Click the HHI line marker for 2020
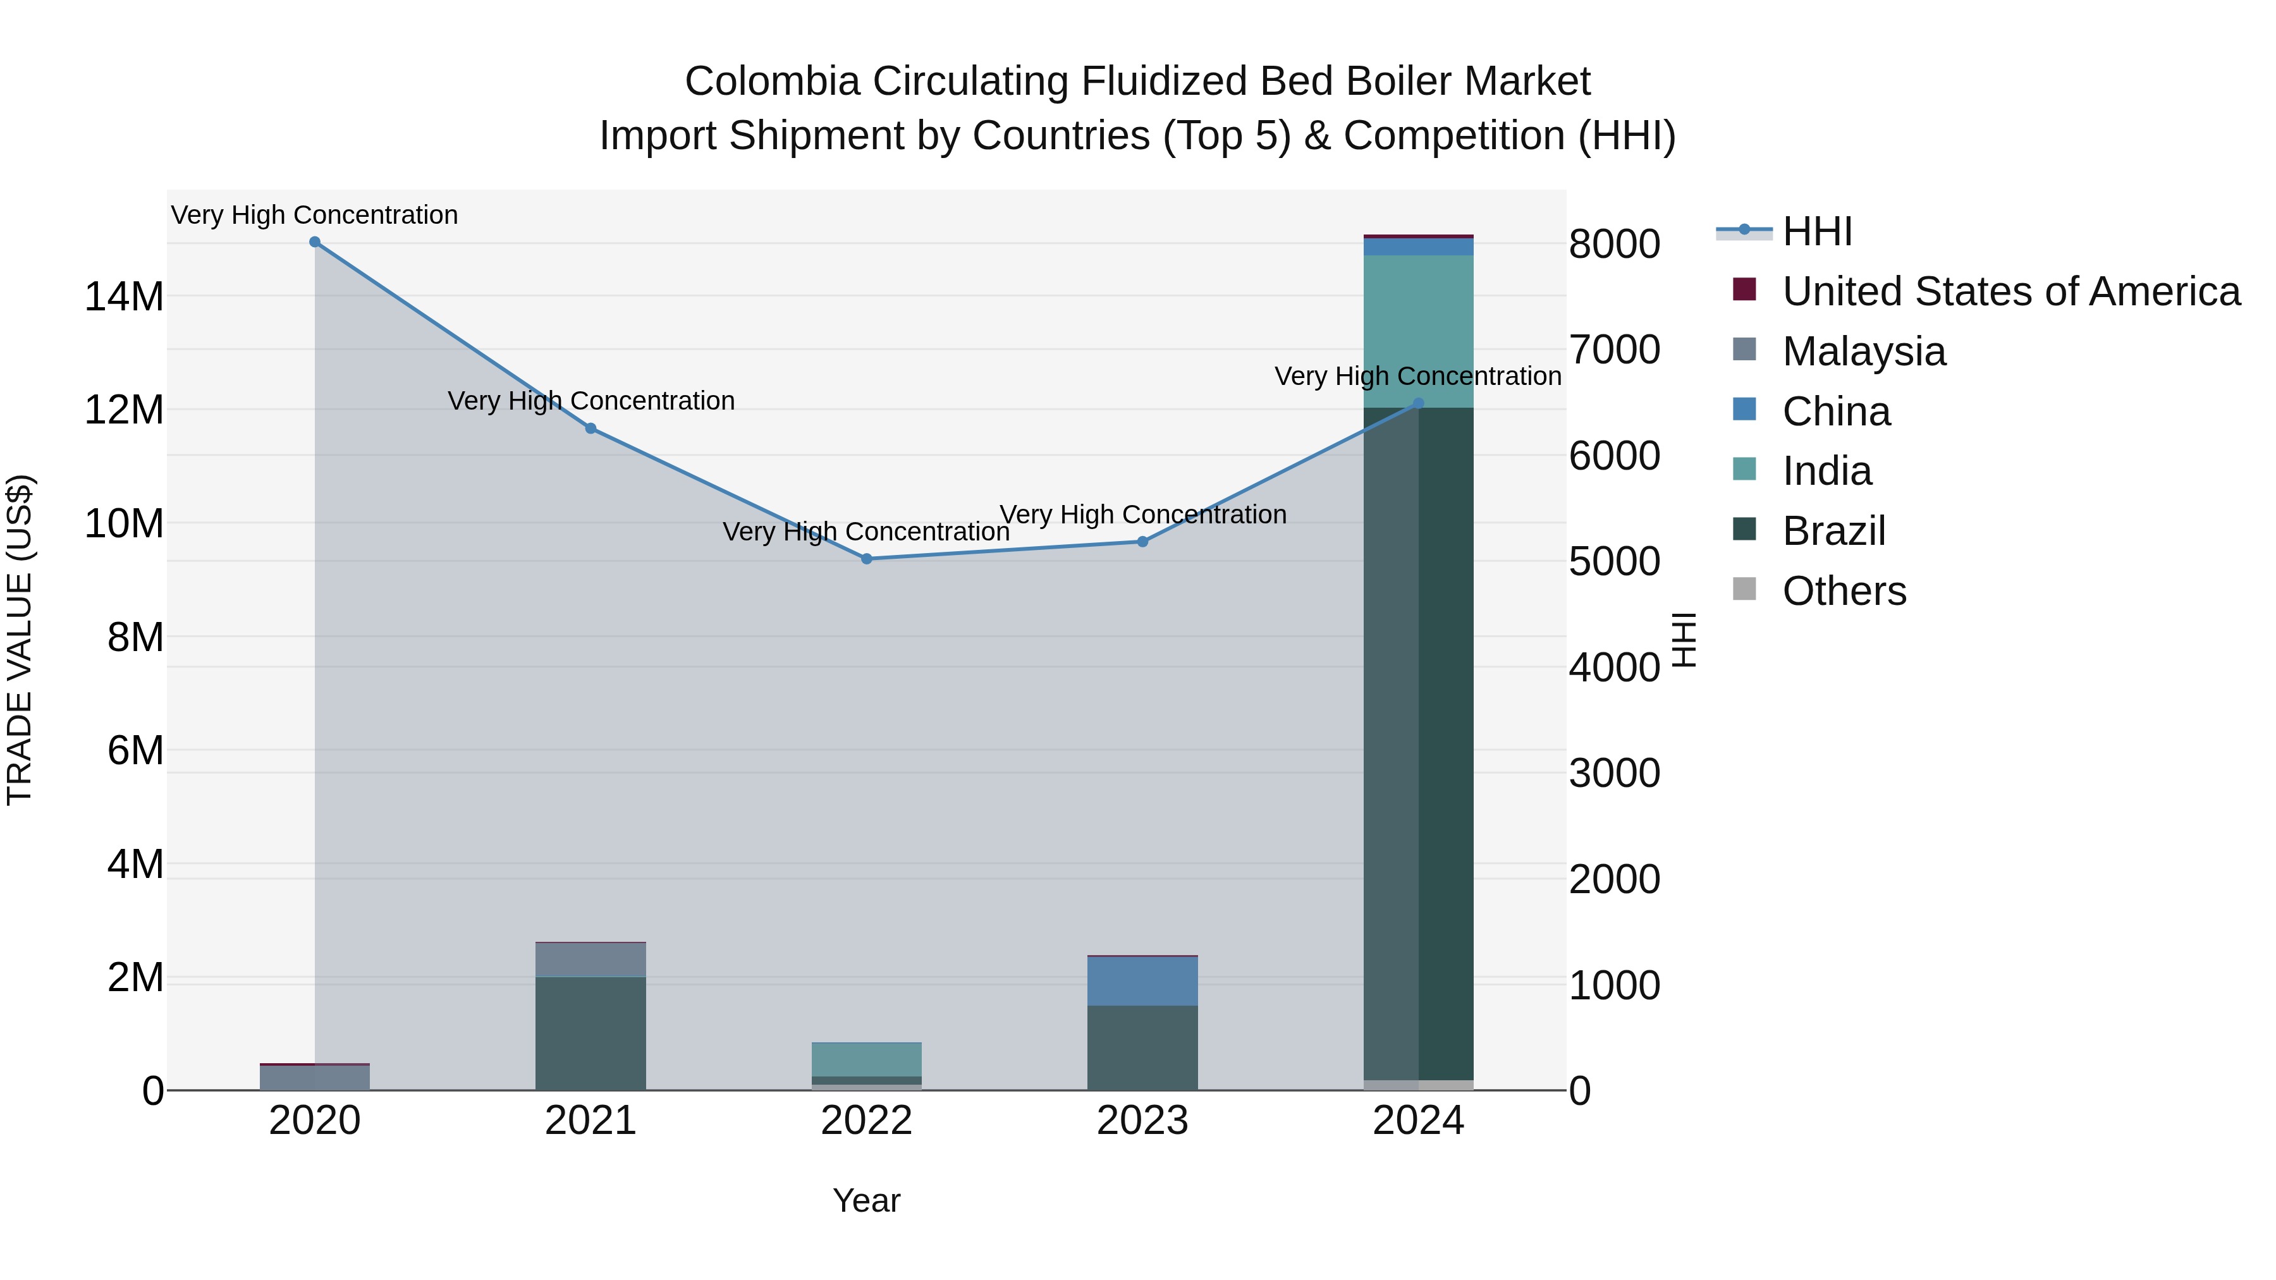pyautogui.click(x=315, y=242)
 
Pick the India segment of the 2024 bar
pyautogui.click(x=1419, y=331)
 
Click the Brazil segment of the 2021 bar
pyautogui.click(x=590, y=1033)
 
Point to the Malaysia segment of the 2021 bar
pyautogui.click(x=590, y=960)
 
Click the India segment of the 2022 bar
pyautogui.click(x=867, y=1059)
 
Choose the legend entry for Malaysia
pyautogui.click(x=1864, y=351)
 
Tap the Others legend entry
pyautogui.click(x=1844, y=591)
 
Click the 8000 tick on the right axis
pyautogui.click(x=1614, y=245)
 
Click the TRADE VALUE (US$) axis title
pyautogui.click(x=20, y=640)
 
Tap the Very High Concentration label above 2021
pyautogui.click(x=590, y=401)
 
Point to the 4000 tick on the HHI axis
pyautogui.click(x=1614, y=668)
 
